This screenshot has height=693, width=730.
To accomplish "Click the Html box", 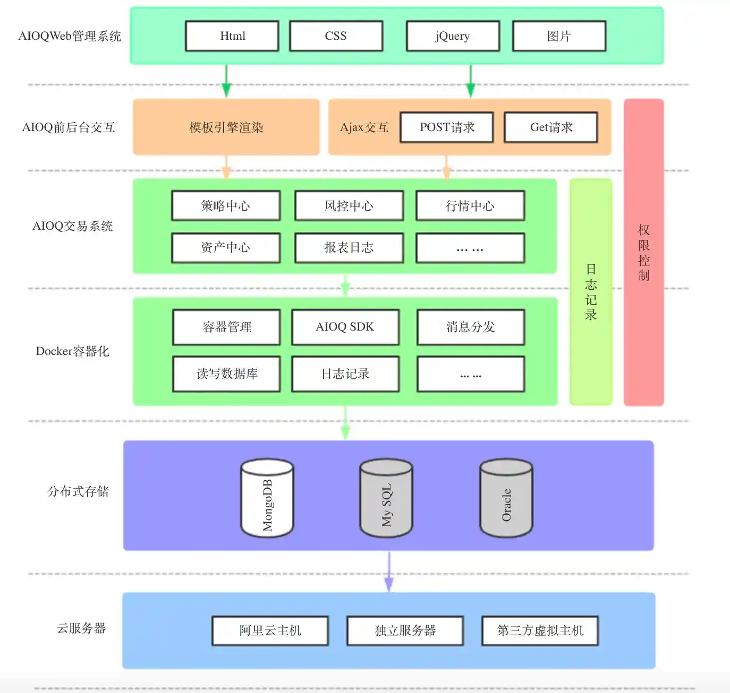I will click(232, 36).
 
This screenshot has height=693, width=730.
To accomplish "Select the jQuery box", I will click(453, 36).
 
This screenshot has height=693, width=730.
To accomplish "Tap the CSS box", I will click(336, 36).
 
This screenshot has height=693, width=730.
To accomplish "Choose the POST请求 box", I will click(447, 127).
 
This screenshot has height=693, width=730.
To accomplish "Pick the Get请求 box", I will click(551, 127).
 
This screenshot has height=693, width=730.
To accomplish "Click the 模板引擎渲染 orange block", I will click(226, 127).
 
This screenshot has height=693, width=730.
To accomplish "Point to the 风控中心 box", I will click(349, 206).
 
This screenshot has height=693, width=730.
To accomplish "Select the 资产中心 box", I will click(226, 247).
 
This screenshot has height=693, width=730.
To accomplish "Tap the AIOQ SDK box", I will click(345, 327).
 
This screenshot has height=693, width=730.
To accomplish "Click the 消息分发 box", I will click(471, 327).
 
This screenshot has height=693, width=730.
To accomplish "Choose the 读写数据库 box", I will click(227, 374).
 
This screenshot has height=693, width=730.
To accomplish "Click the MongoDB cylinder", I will click(267, 499).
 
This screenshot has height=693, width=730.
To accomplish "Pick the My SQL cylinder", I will click(386, 499).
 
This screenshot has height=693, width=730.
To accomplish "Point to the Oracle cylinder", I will click(506, 499).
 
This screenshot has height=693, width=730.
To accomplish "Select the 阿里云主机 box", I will click(270, 630).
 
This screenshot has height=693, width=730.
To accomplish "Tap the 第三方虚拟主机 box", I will click(540, 630).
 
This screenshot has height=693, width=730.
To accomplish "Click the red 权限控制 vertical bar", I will click(643, 253).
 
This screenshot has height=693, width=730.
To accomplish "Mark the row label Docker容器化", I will click(72, 351).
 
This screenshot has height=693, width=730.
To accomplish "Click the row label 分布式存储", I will click(78, 491).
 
